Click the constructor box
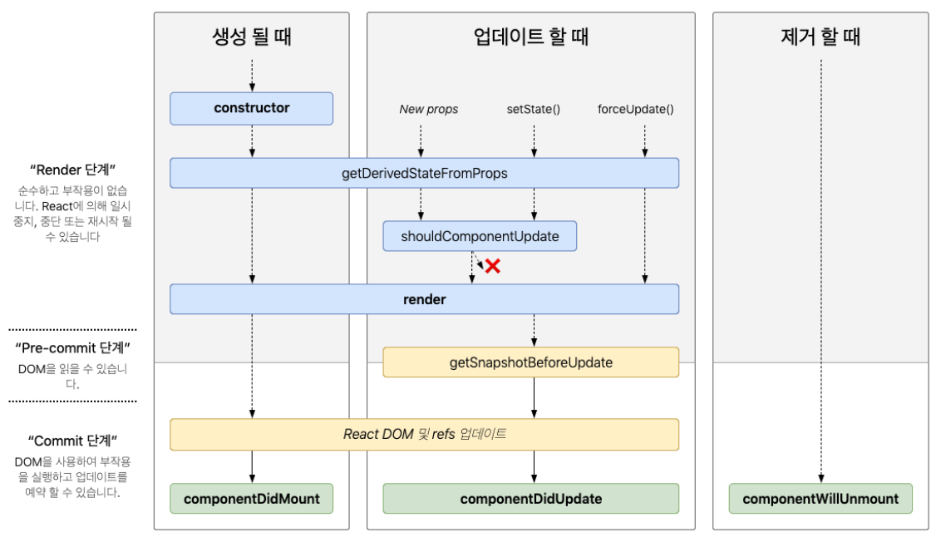(x=251, y=109)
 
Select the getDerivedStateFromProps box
(x=424, y=173)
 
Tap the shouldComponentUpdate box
(x=480, y=236)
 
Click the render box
(x=424, y=299)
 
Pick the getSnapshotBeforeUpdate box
(x=531, y=362)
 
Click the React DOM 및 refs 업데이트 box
(x=424, y=435)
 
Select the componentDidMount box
(x=251, y=499)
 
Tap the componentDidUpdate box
(x=531, y=499)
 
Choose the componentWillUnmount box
(x=820, y=499)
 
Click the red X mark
(x=493, y=266)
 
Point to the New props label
(x=428, y=109)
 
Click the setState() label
(x=534, y=109)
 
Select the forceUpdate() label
(x=636, y=109)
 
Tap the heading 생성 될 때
(x=252, y=37)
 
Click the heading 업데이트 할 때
(x=531, y=37)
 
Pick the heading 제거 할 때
(x=820, y=37)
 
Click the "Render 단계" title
(x=72, y=170)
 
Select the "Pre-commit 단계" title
(x=72, y=348)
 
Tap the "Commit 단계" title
(x=72, y=441)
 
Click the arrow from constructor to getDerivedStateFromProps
(x=252, y=141)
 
